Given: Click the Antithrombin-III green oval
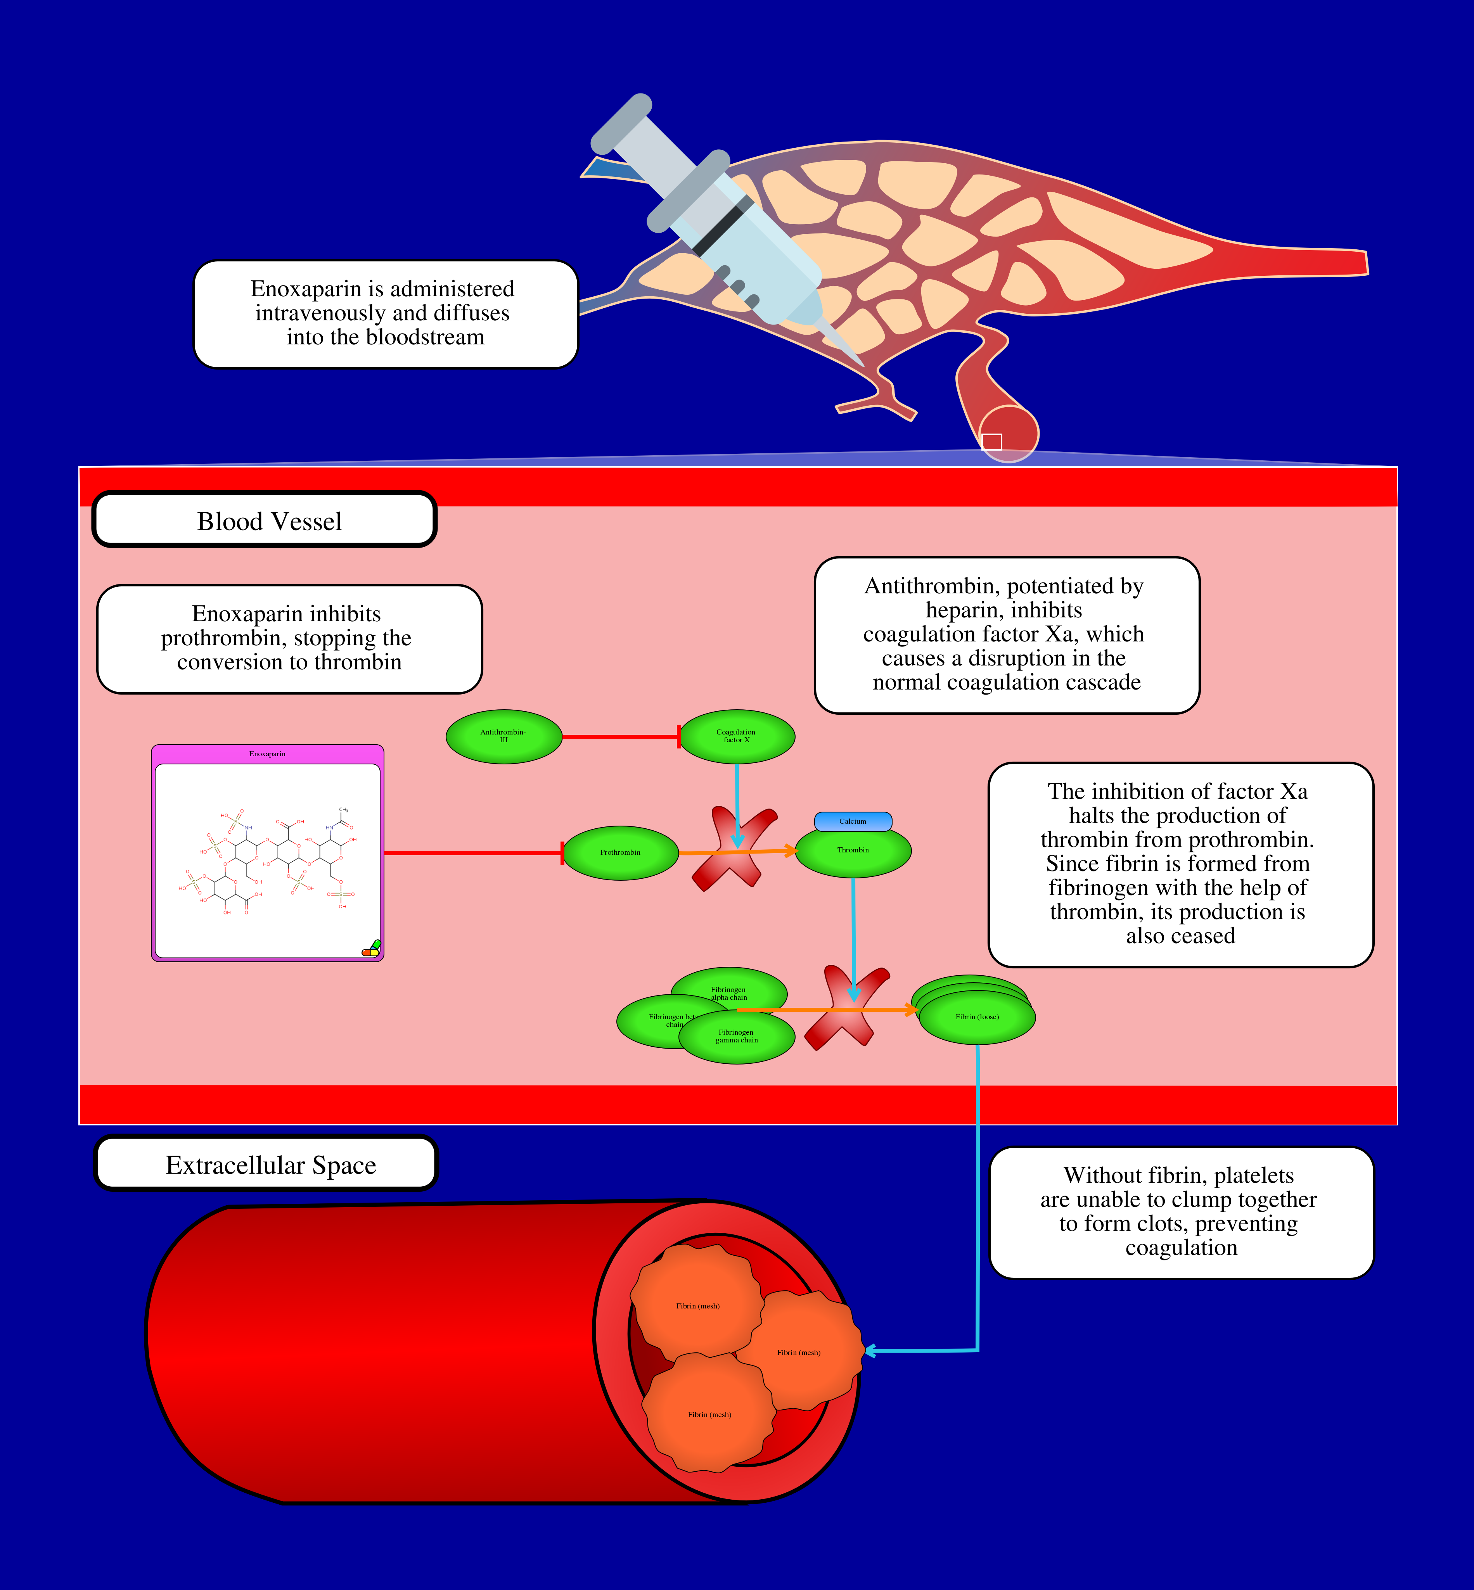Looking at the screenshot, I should pyautogui.click(x=503, y=737).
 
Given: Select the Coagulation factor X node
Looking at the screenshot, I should pyautogui.click(x=736, y=737).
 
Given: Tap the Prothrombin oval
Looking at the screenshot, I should pyautogui.click(x=621, y=853).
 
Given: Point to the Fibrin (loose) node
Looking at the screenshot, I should pyautogui.click(x=977, y=1018).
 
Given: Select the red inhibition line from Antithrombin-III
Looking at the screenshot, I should pyautogui.click(x=620, y=737).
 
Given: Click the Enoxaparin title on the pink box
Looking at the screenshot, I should pyautogui.click(x=267, y=754).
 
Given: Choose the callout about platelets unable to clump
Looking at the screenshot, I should pyautogui.click(x=1180, y=1212).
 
